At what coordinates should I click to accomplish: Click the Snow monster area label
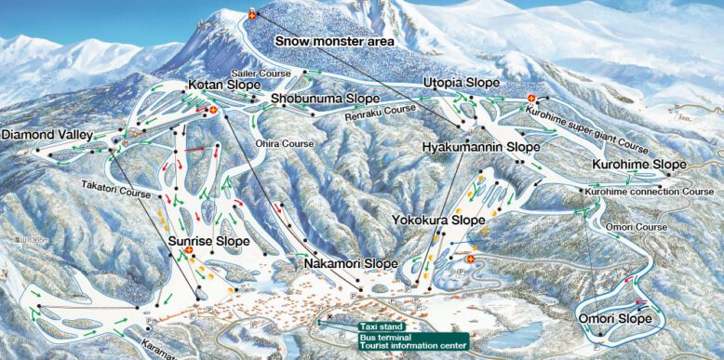point(334,42)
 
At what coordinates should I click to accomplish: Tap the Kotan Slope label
point(222,86)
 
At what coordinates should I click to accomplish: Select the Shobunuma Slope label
point(325,98)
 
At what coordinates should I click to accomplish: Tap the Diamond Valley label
point(47,135)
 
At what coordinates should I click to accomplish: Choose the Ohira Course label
point(285,144)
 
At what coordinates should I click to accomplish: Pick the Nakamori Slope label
point(351,264)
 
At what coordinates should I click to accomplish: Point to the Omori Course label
point(636,227)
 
